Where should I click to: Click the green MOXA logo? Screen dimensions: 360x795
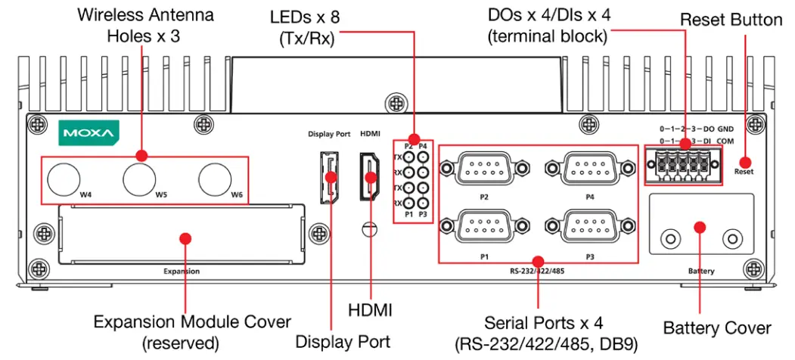(89, 135)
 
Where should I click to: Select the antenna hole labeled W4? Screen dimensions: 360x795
(64, 180)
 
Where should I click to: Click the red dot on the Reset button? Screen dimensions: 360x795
(745, 161)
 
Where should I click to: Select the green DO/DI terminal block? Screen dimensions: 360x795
(678, 161)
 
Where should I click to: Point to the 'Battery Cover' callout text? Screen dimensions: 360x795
(716, 327)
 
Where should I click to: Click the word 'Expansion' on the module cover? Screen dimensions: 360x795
(182, 270)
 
